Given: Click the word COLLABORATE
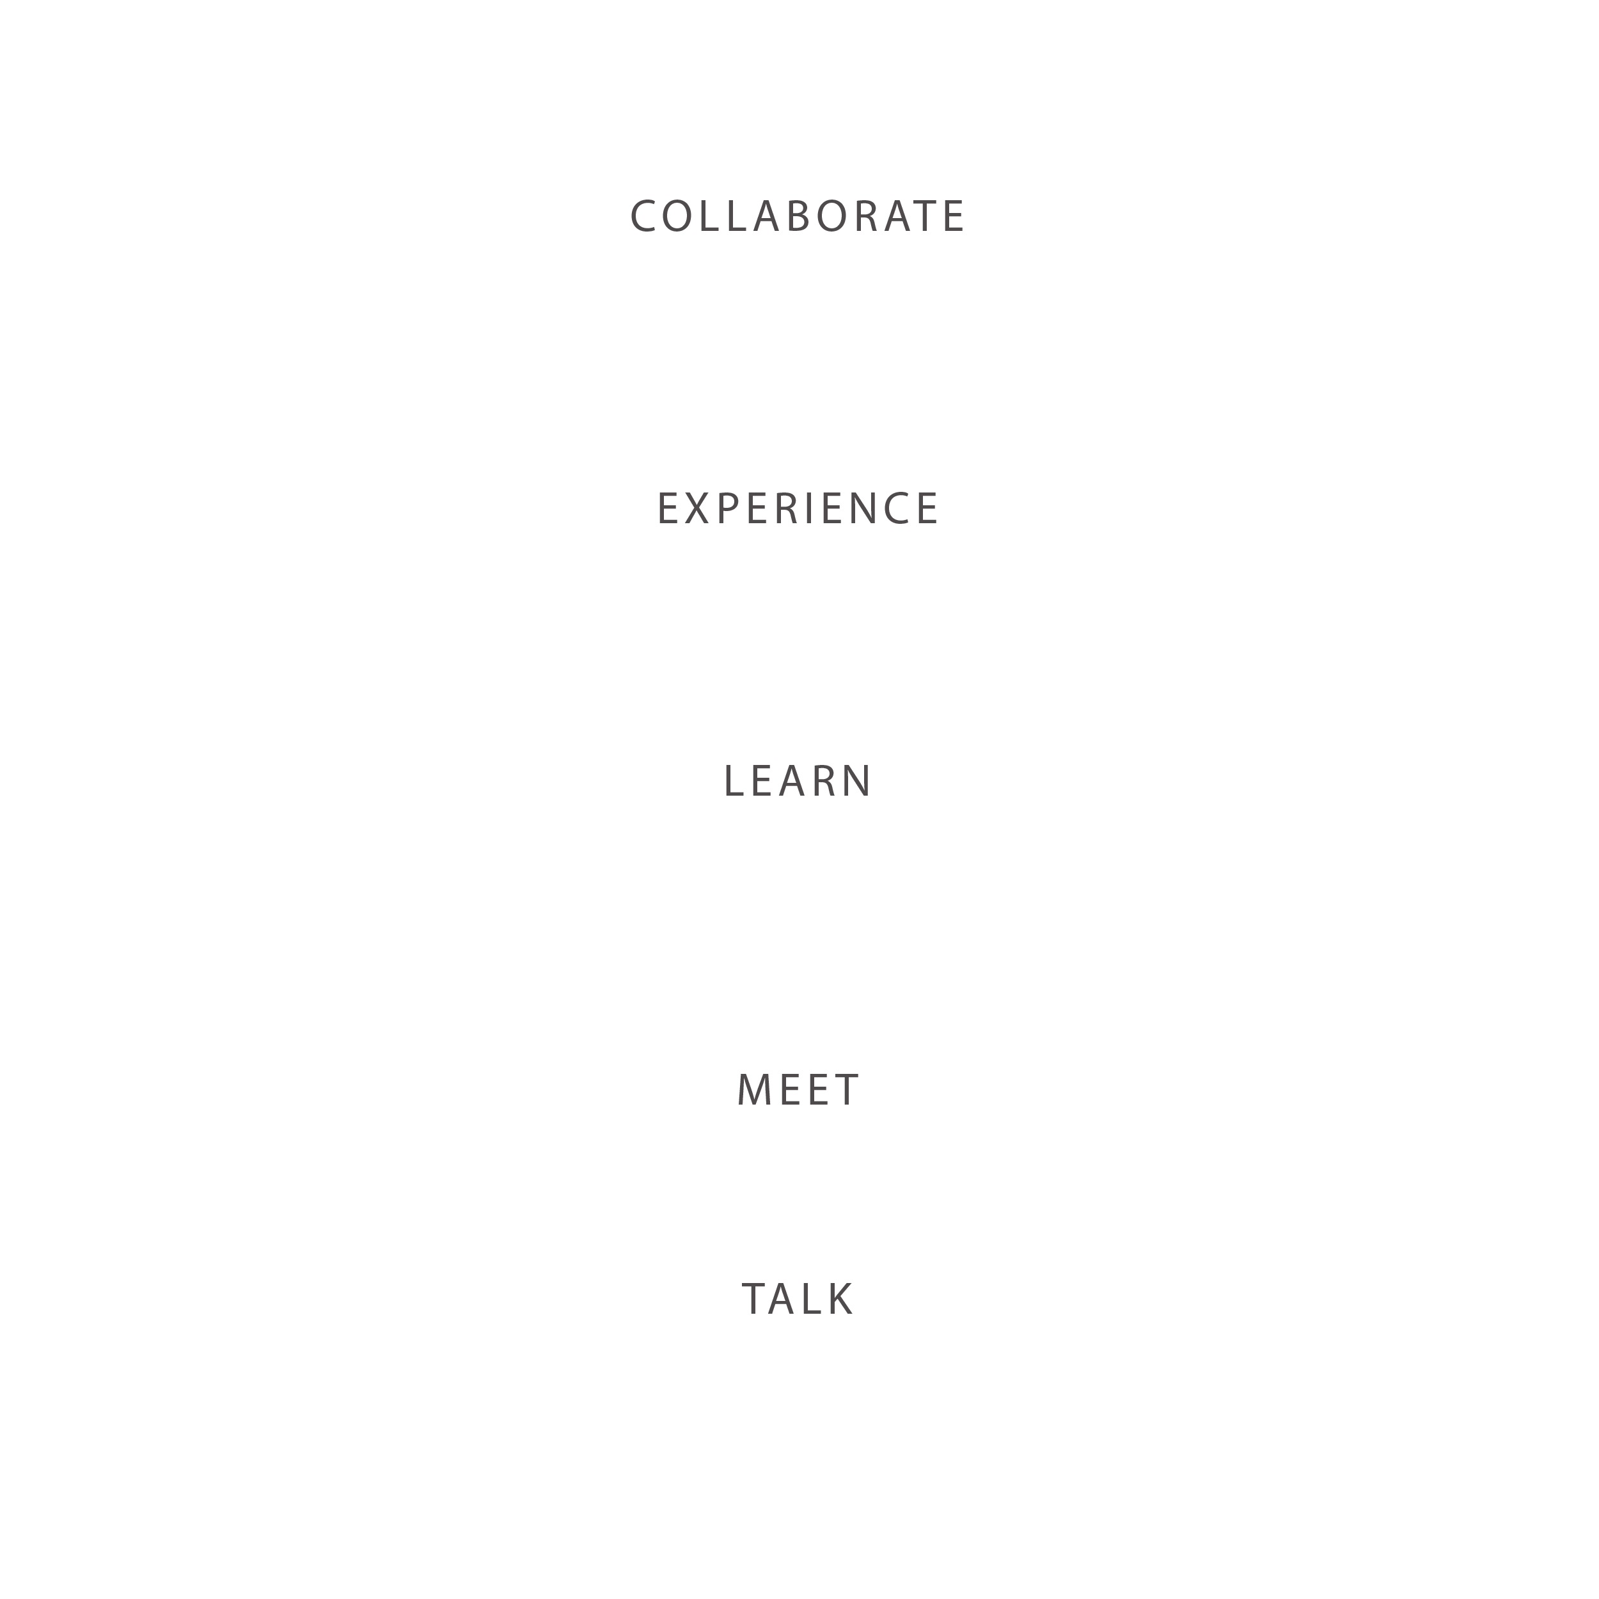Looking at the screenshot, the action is click(798, 217).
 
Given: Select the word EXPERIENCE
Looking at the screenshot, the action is click(798, 508).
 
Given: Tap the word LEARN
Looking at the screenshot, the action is click(798, 782).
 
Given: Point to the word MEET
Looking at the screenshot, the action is click(798, 1090).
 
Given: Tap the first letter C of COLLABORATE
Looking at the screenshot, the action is click(644, 217).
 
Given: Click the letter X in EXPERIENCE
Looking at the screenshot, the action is click(698, 508).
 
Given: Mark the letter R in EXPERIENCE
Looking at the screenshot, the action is click(789, 508).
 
